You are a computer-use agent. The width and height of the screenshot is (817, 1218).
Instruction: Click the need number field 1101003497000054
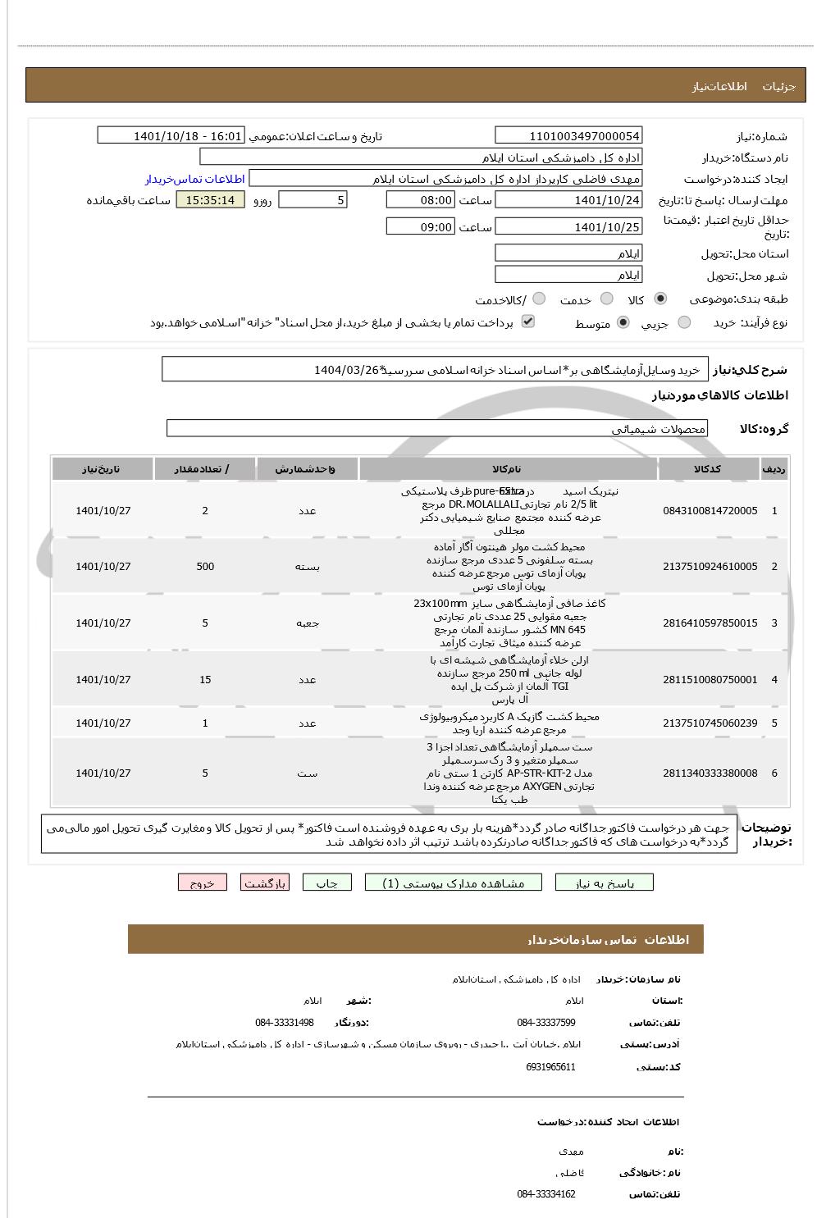(568, 135)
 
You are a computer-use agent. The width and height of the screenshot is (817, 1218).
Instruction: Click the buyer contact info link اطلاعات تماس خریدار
(195, 179)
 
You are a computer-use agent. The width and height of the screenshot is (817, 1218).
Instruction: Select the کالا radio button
(661, 299)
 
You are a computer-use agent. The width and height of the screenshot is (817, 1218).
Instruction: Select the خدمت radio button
(606, 299)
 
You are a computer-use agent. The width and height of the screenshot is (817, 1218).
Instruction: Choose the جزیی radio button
(684, 323)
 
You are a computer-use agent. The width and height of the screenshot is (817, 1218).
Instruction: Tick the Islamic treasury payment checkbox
(528, 322)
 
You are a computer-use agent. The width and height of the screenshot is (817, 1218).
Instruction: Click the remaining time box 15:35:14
(210, 200)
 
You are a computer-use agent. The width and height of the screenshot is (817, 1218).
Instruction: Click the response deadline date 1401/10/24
(568, 200)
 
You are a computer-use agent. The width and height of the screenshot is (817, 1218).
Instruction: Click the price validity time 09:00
(420, 226)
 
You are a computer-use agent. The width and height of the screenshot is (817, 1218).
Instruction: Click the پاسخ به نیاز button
(605, 883)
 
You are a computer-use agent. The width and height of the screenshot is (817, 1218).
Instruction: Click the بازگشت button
(264, 883)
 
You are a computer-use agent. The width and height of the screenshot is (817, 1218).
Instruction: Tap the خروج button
(202, 883)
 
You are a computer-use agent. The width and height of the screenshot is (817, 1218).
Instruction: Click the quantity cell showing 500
(205, 567)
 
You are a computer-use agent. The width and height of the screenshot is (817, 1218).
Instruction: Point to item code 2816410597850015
(710, 623)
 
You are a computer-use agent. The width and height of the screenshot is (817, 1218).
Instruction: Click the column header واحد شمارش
(307, 469)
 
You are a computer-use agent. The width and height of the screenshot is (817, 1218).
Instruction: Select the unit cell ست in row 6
(307, 773)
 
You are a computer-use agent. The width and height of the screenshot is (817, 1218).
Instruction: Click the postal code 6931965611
(550, 1067)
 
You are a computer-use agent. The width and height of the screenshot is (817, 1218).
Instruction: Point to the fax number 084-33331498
(284, 1023)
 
